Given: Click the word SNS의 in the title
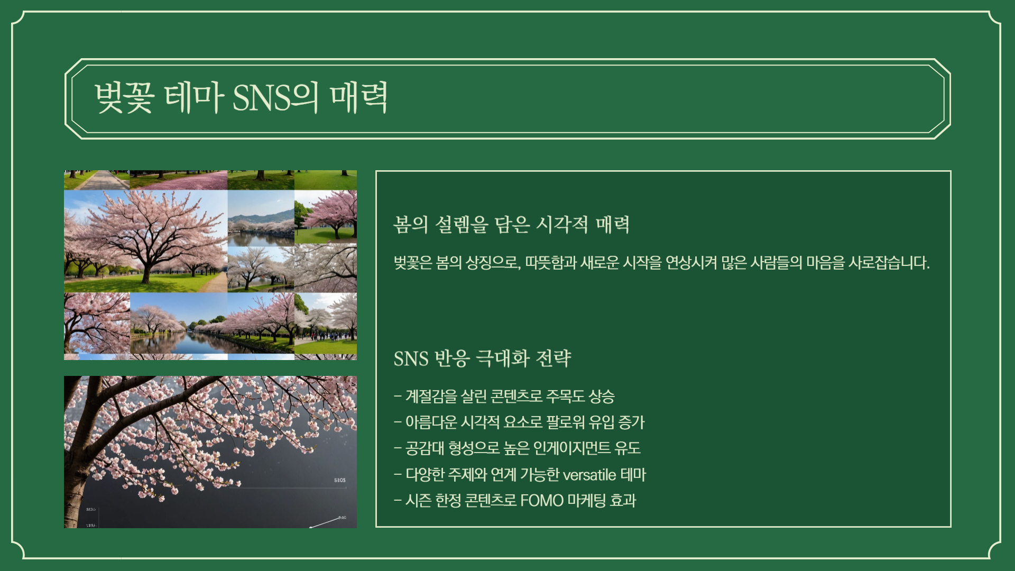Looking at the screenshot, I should pos(275,98).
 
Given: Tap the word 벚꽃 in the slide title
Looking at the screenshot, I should pos(124,98).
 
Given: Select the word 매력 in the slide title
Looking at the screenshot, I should pos(359,98).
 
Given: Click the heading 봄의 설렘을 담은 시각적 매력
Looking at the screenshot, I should pos(511,225).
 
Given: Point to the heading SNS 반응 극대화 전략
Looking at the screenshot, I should pos(482,358).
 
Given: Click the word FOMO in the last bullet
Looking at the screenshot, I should pos(542,500).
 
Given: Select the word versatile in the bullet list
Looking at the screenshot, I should pos(589,475).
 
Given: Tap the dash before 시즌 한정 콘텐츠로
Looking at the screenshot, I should pos(398,500).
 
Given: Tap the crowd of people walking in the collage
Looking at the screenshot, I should pos(325,336).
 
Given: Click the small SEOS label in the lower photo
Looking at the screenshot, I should pos(340,480).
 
